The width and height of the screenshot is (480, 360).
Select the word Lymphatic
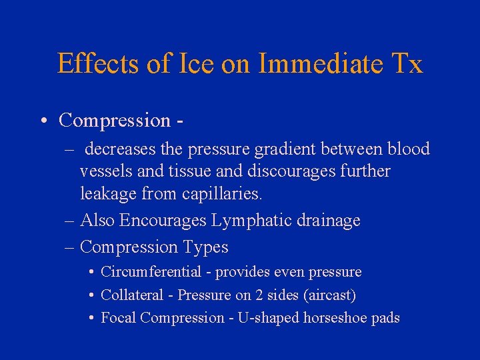tap(233, 221)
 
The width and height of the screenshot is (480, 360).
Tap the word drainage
tap(325, 221)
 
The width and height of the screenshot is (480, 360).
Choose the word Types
tap(203, 247)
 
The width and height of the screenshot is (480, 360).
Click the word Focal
tap(119, 317)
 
